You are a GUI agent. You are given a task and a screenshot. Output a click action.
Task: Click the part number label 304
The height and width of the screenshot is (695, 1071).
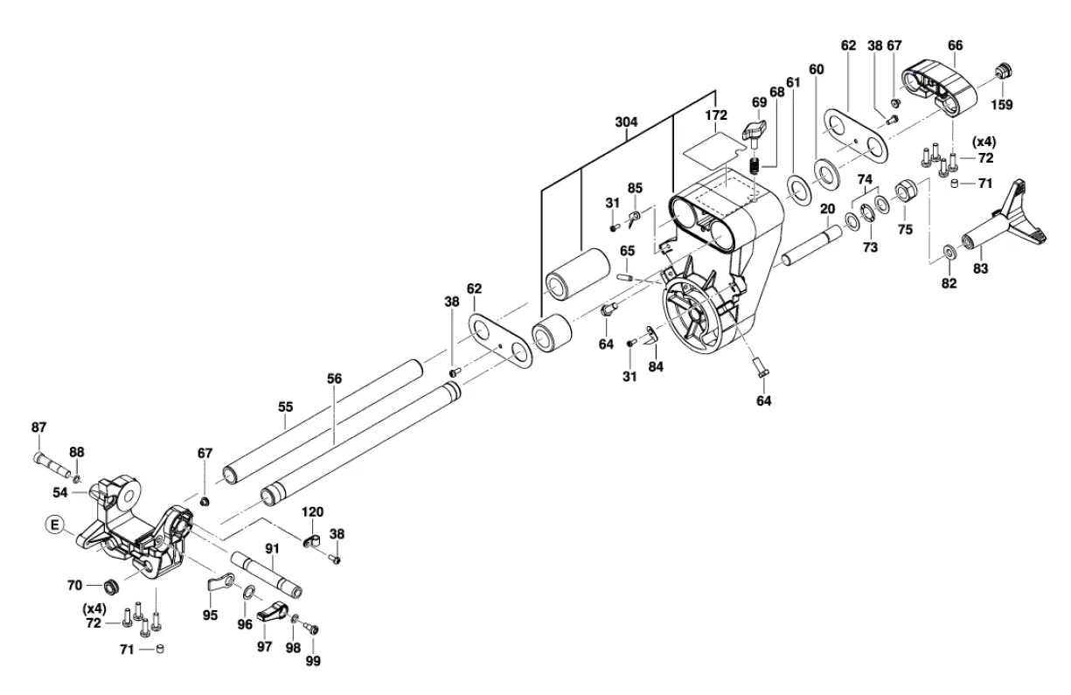click(626, 124)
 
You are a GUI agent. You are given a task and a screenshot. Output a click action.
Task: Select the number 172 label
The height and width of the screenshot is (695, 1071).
click(716, 115)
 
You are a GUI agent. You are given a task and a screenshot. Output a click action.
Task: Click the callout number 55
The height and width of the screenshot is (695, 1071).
click(286, 407)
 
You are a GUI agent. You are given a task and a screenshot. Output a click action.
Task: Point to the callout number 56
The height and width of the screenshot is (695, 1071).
click(334, 379)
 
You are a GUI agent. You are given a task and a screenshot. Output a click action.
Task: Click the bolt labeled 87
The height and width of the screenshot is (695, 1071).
click(51, 459)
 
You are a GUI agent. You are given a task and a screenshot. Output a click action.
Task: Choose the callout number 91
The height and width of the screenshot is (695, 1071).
click(272, 548)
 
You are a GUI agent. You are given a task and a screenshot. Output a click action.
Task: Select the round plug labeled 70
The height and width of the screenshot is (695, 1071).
click(111, 585)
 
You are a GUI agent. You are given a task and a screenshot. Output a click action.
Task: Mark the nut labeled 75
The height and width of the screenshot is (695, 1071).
click(906, 190)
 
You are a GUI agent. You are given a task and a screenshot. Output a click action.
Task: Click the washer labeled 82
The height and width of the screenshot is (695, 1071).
click(948, 253)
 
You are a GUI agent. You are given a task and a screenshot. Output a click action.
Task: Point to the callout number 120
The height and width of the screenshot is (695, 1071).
click(313, 511)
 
